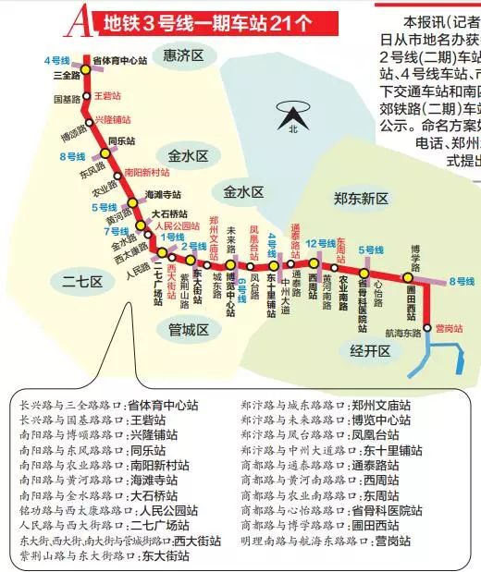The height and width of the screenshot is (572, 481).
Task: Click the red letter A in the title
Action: click(80, 18)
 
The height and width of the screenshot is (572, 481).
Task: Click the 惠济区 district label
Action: click(182, 56)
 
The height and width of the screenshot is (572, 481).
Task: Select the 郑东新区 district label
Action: click(361, 198)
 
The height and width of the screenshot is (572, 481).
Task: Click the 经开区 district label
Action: click(370, 350)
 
